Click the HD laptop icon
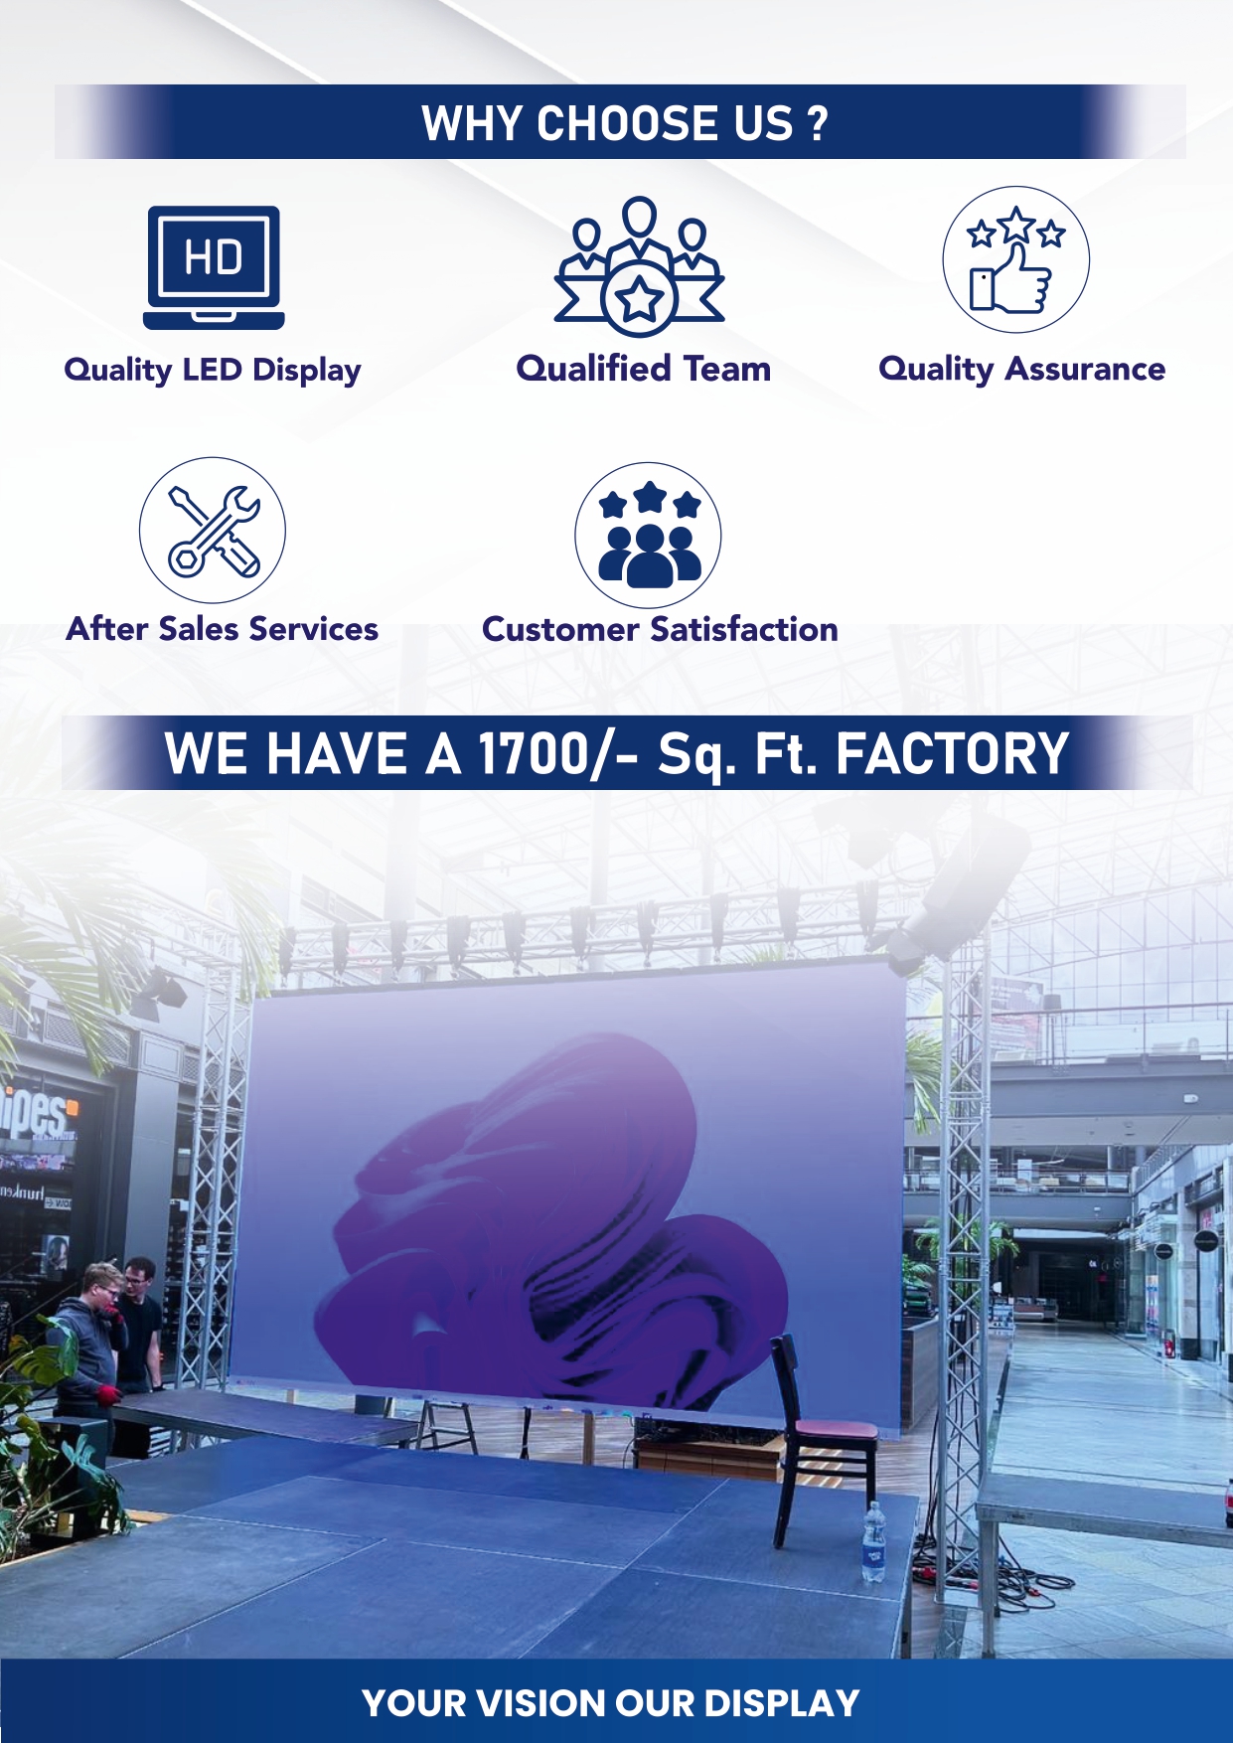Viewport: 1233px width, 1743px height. [214, 266]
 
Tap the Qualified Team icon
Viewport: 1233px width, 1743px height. [640, 266]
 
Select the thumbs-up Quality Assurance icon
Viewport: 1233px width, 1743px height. [1015, 260]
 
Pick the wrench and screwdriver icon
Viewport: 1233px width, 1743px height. [213, 531]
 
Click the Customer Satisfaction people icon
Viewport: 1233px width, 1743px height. [648, 535]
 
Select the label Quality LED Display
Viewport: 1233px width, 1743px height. [213, 370]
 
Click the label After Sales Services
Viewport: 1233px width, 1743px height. [223, 629]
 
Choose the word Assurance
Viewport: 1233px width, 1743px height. [1085, 369]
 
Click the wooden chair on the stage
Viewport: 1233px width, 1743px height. [817, 1441]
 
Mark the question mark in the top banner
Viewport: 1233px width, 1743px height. [817, 123]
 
